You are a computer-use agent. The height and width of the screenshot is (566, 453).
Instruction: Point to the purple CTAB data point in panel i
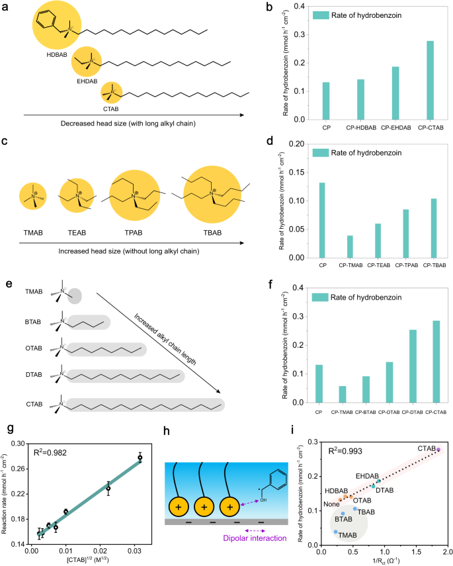(x=438, y=468)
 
